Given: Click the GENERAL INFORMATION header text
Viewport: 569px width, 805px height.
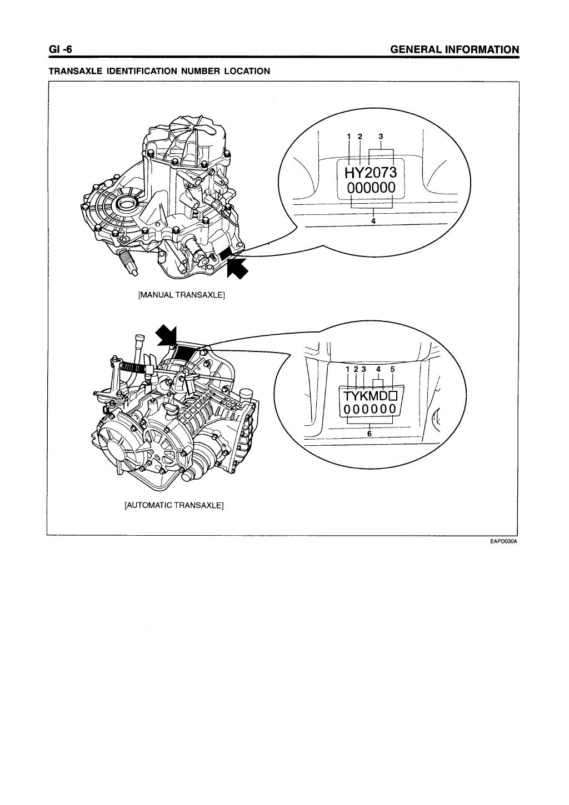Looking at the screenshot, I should [455, 50].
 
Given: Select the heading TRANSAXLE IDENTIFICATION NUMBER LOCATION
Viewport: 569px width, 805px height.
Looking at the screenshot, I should [159, 71].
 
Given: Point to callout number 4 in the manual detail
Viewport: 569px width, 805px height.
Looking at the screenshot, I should [373, 220].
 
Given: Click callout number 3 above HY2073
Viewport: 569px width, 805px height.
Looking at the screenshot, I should [381, 136].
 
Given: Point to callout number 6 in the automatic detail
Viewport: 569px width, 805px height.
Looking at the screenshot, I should [370, 434].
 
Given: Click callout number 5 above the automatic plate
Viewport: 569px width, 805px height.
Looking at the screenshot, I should [393, 369].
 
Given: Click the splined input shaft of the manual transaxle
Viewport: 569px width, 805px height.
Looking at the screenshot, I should [128, 262].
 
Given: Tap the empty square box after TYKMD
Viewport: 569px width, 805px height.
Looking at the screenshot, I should [393, 396].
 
